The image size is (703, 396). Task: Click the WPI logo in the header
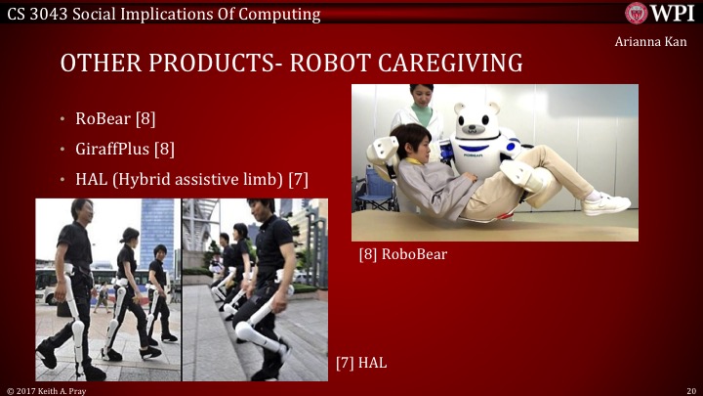coord(661,13)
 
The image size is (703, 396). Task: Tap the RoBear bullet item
coord(115,119)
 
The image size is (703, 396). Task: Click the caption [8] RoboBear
coord(400,255)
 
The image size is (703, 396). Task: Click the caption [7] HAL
coord(361,362)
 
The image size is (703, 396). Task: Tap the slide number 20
coord(690,389)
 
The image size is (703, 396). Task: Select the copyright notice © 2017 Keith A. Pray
coord(49,389)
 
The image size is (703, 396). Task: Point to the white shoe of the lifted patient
coord(604,203)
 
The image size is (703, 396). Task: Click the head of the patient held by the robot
coord(411,139)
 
